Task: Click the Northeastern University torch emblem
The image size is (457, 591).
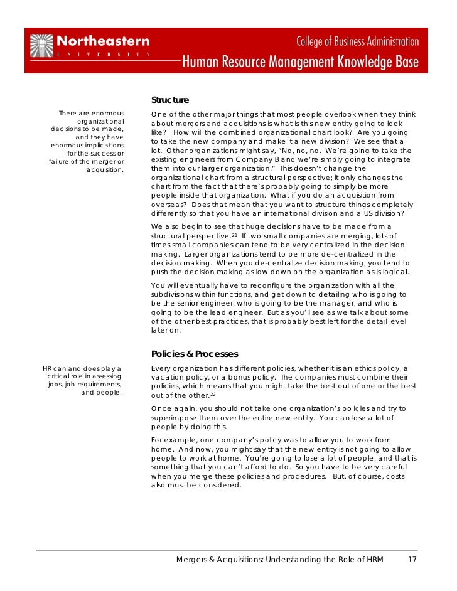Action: pos(42,46)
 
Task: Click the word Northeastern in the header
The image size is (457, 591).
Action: pos(104,41)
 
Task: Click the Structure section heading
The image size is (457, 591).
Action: pos(170,100)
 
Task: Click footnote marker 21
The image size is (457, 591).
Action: pos(234,235)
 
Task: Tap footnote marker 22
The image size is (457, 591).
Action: pos(213,394)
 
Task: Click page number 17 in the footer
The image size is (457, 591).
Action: pos(412,560)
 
